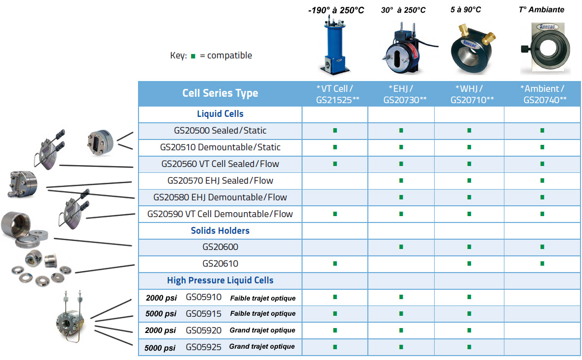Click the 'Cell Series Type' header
220,93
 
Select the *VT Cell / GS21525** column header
335,94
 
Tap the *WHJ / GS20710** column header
469,94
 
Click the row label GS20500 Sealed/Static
220,131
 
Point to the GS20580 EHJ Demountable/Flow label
220,197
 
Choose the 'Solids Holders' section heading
220,230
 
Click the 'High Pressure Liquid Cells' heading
220,280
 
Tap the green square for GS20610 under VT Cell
335,264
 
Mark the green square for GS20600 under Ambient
542,247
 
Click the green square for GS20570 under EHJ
401,181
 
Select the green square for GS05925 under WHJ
469,347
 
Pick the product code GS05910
203,297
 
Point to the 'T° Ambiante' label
542,9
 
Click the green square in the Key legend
193,56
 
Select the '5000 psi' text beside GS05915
161,314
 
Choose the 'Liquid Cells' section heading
220,114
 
